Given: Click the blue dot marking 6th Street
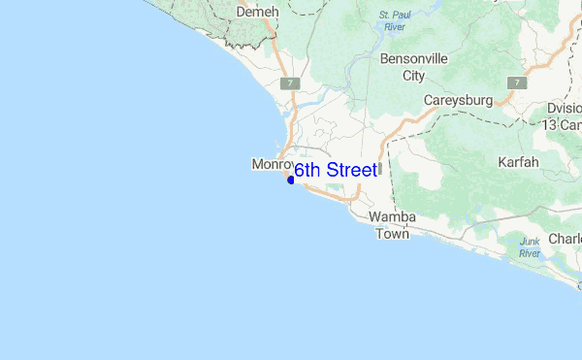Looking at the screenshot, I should (290, 180).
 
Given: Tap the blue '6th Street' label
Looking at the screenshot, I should (336, 171).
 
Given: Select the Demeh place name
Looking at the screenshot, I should (257, 11).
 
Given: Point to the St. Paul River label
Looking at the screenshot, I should (396, 20).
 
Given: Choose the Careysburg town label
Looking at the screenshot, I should (459, 100).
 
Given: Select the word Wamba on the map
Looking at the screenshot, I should (393, 217).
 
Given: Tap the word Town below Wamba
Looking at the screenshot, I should (393, 234).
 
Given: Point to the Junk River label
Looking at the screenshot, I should (530, 246).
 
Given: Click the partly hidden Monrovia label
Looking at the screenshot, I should (272, 164).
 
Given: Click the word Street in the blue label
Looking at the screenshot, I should (352, 171).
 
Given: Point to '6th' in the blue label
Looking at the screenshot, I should (307, 171).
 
